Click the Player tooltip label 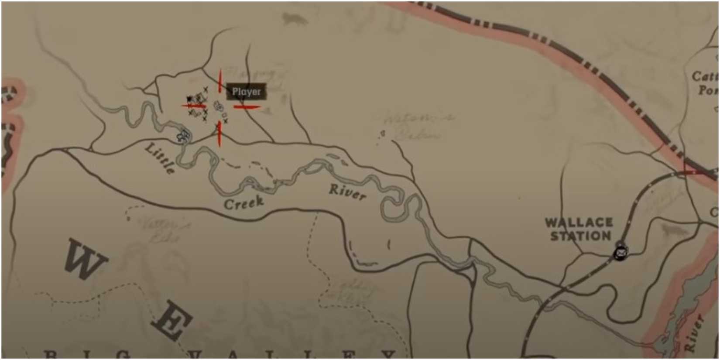click(247, 92)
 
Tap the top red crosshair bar click(220, 81)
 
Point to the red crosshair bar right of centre click(247, 106)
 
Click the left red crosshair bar click(194, 105)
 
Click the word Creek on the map click(244, 202)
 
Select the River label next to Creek click(347, 192)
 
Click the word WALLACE click(579, 223)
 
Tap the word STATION click(580, 236)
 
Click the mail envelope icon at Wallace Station click(621, 252)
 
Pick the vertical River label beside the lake click(693, 334)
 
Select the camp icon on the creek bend click(183, 137)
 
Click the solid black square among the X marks click(189, 99)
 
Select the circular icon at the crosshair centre click(218, 106)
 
